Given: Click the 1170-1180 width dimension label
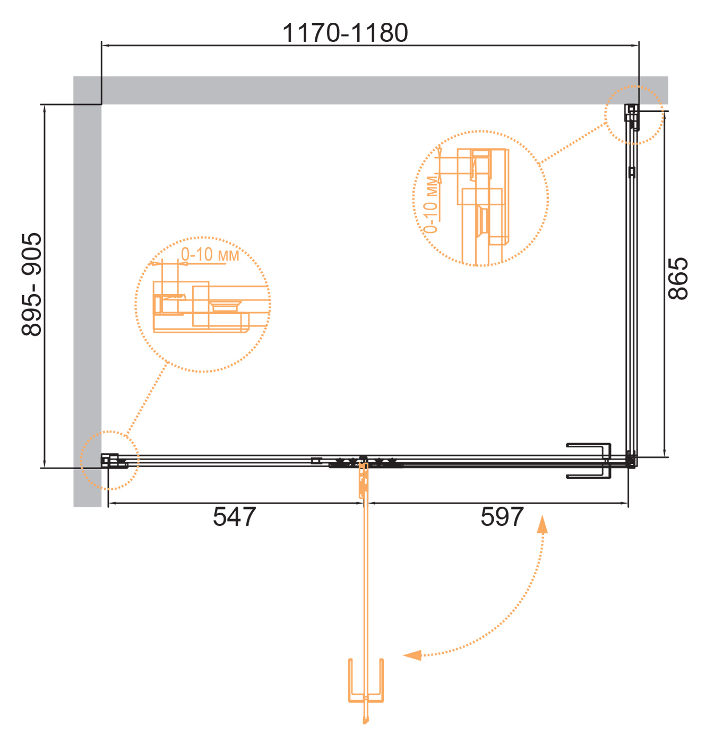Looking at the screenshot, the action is [x=345, y=33].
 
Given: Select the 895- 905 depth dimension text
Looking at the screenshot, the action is [x=32, y=284].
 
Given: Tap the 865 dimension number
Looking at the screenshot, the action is [x=678, y=278].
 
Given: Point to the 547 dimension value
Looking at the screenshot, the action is [x=234, y=516].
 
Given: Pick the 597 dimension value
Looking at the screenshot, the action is [x=502, y=516].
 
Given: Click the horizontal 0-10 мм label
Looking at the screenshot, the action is [x=210, y=254].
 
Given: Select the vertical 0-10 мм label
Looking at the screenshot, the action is [x=431, y=205].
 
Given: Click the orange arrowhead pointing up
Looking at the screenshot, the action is [x=542, y=524].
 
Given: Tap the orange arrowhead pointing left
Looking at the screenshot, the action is [x=412, y=655].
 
